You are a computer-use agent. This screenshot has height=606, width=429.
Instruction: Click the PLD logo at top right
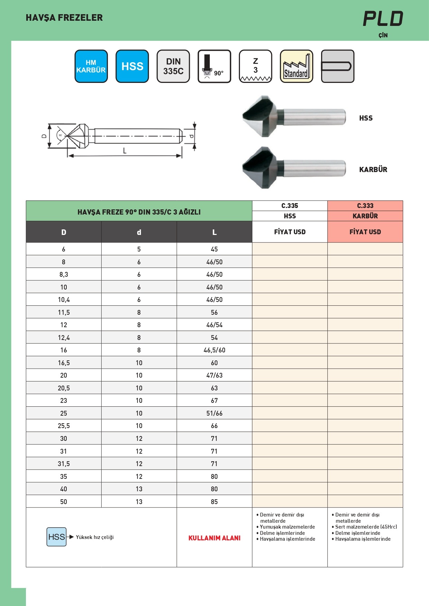pyautogui.click(x=383, y=19)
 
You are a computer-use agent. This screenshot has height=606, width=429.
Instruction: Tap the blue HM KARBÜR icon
pyautogui.click(x=91, y=66)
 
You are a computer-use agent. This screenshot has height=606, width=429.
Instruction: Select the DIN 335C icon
pyautogui.click(x=173, y=66)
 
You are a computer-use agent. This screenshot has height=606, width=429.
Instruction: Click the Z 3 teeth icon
pyautogui.click(x=255, y=66)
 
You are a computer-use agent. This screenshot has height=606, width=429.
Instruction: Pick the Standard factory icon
pyautogui.click(x=296, y=66)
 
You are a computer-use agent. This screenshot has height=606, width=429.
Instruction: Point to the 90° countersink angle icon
pyautogui.click(x=214, y=66)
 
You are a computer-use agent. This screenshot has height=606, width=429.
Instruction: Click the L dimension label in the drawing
pyautogui.click(x=125, y=151)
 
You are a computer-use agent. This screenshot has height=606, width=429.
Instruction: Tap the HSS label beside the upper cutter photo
pyautogui.click(x=366, y=118)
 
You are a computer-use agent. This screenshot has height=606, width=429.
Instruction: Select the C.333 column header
pyautogui.click(x=365, y=206)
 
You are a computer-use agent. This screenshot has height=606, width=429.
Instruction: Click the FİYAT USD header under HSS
pyautogui.click(x=290, y=232)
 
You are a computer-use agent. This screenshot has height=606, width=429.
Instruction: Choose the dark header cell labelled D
pyautogui.click(x=64, y=232)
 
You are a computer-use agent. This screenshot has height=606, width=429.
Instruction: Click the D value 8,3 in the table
pyautogui.click(x=64, y=274)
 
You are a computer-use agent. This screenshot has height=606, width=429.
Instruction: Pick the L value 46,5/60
pyautogui.click(x=214, y=350)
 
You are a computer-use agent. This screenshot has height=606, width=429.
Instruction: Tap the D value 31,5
pyautogui.click(x=64, y=464)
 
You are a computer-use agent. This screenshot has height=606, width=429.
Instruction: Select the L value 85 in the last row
pyautogui.click(x=214, y=502)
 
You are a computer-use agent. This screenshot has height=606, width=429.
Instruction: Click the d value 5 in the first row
pyautogui.click(x=139, y=249)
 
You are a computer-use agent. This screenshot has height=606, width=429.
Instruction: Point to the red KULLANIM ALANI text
pyautogui.click(x=214, y=538)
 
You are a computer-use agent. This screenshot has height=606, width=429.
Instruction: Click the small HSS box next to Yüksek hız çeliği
pyautogui.click(x=56, y=537)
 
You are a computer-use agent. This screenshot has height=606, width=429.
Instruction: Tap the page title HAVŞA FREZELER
pyautogui.click(x=64, y=18)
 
